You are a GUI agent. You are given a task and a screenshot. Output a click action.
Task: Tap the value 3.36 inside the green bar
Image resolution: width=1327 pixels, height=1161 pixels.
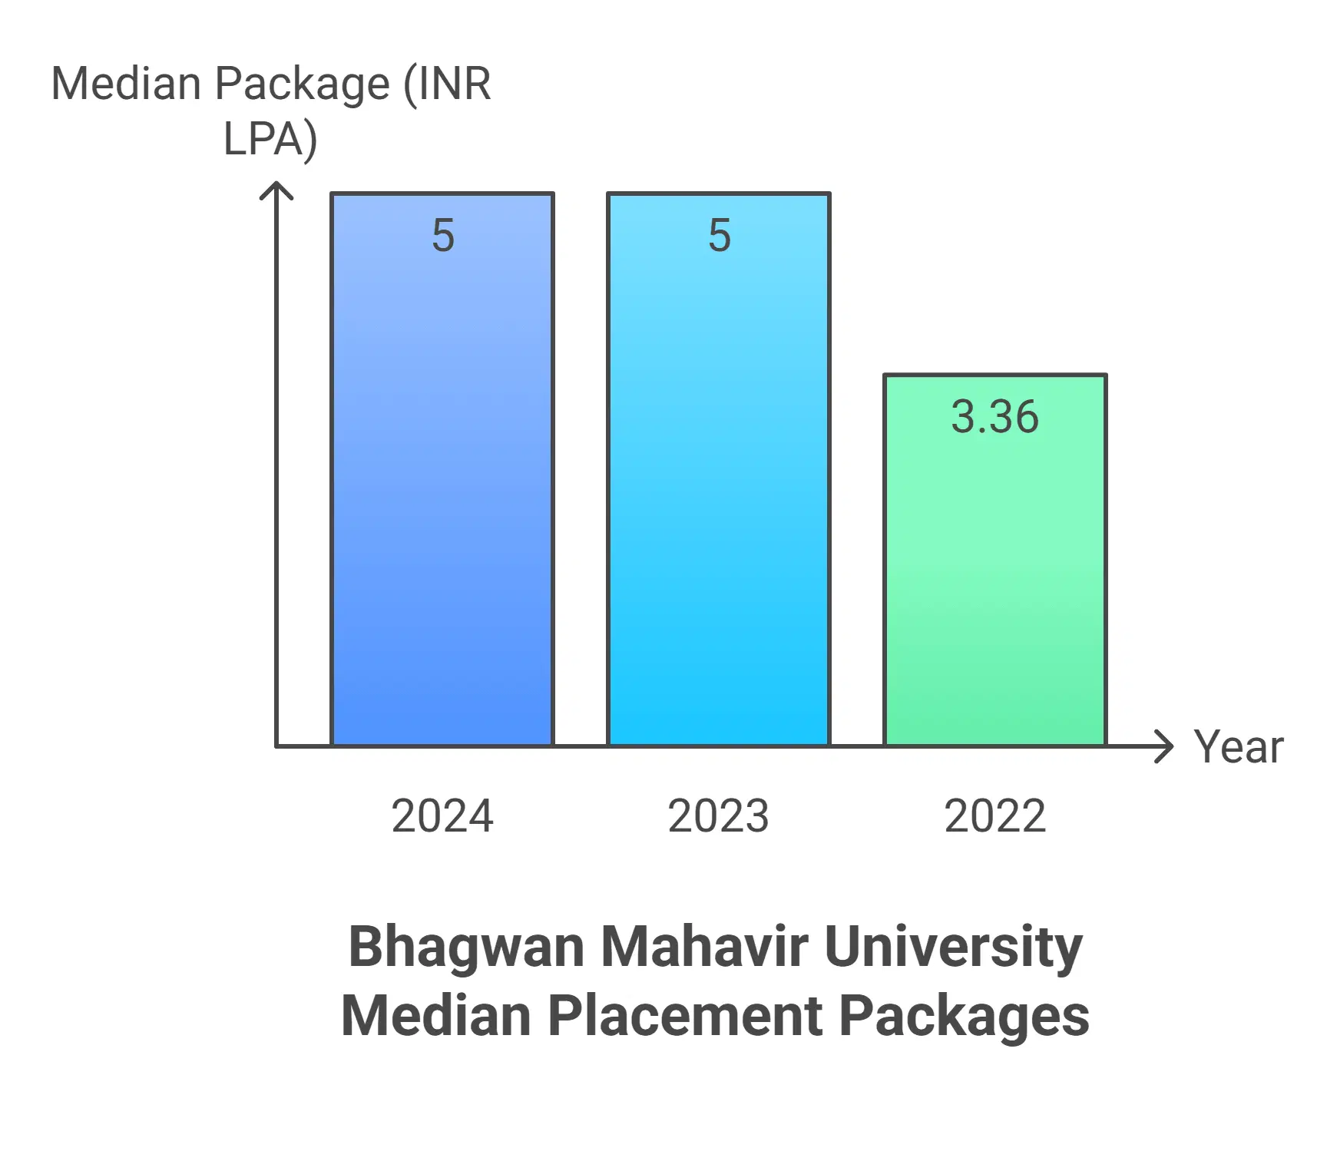tap(995, 417)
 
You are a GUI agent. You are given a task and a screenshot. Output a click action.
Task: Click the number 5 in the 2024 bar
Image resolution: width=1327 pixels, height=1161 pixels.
tap(443, 235)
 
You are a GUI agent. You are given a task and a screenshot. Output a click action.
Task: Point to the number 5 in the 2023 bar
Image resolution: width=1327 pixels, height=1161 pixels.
tap(720, 235)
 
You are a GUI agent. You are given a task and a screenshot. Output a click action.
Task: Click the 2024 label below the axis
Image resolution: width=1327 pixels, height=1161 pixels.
tap(442, 815)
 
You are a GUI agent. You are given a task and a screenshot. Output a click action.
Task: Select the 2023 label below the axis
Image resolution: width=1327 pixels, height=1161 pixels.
tap(719, 815)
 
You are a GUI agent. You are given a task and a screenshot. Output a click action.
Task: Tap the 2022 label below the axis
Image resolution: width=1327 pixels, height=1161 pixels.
tap(995, 815)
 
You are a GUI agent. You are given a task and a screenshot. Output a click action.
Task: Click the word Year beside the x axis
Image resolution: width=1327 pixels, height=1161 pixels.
tap(1238, 746)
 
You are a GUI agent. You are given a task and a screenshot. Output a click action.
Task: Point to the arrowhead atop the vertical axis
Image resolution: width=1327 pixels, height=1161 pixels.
tap(276, 189)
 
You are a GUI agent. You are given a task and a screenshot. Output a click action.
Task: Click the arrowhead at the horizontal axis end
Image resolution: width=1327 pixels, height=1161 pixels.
tap(1166, 746)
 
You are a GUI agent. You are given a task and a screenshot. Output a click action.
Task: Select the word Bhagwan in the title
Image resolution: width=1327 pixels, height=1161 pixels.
tap(467, 948)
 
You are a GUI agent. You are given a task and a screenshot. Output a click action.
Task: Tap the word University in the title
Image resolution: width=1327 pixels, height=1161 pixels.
tap(953, 948)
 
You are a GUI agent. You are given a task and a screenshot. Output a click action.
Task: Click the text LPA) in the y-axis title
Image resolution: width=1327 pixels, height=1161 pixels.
tap(270, 140)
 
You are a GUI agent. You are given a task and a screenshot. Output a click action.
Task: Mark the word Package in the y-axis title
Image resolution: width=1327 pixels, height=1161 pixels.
tap(302, 84)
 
